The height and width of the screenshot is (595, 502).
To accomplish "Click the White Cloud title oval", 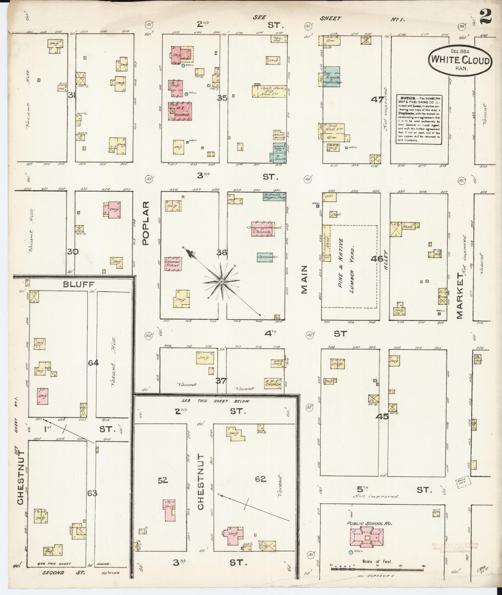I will tap(460, 60).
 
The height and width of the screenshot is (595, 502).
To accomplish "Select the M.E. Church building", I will tap(180, 111).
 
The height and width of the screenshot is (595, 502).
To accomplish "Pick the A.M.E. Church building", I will tap(272, 383).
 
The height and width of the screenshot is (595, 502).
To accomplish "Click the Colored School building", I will tap(173, 264).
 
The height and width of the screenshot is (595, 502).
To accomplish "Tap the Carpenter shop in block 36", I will tap(265, 257).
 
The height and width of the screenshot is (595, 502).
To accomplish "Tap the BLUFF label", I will tap(79, 284).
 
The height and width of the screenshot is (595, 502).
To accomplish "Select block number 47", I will tap(377, 100).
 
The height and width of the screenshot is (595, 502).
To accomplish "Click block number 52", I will tap(163, 480).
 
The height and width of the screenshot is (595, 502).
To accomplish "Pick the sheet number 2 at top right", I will tap(486, 17).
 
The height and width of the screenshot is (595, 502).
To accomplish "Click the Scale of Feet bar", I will tap(377, 569).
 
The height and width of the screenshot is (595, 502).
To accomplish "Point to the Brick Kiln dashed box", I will tap(463, 482).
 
